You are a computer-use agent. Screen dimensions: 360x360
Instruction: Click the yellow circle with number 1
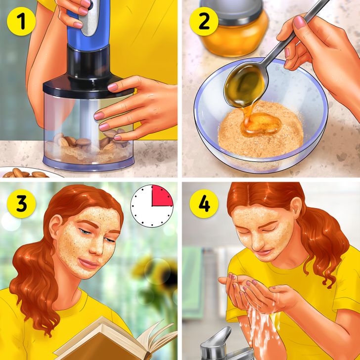21,21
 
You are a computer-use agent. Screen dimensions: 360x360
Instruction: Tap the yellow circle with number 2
204,21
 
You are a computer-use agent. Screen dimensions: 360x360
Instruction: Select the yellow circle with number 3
21,204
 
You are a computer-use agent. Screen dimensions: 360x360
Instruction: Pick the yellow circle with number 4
204,204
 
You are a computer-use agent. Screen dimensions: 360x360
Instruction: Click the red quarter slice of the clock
161,196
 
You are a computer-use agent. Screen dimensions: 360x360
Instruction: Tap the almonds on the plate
25,174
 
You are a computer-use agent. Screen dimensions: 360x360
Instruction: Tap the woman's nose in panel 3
99,247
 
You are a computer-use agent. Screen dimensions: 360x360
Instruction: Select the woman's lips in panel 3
89,264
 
